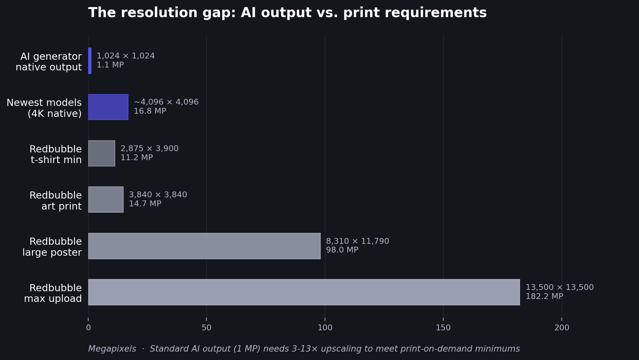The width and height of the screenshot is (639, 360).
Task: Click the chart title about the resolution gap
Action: [287, 13]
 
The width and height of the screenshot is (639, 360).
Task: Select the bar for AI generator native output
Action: [90, 61]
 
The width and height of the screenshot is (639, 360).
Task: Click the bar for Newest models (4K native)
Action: [108, 107]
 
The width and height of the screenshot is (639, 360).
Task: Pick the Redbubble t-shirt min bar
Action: [101, 153]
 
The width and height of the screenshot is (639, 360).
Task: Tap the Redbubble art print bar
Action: [106, 200]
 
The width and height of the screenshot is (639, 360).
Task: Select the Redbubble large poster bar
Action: [204, 246]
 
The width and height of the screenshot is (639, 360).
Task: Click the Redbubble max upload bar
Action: [304, 292]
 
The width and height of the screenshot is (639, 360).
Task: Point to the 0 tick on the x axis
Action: [88, 328]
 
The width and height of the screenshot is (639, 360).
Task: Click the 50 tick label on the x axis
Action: [206, 328]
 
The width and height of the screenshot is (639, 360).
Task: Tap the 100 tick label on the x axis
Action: [325, 328]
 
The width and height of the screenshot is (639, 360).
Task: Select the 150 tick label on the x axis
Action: [443, 328]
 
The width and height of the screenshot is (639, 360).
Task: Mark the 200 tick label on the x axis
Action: [562, 328]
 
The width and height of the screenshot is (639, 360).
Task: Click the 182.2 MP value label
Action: [544, 296]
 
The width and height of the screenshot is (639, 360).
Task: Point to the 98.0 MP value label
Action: [342, 250]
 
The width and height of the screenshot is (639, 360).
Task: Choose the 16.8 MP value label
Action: [150, 111]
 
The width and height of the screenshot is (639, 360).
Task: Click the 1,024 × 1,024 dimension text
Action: [126, 56]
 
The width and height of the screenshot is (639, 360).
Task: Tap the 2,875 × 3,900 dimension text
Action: [150, 149]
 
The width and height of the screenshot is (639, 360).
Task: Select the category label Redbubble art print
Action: [56, 201]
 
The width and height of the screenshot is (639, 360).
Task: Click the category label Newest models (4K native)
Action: [44, 108]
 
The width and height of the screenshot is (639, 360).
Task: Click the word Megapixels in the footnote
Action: [112, 349]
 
